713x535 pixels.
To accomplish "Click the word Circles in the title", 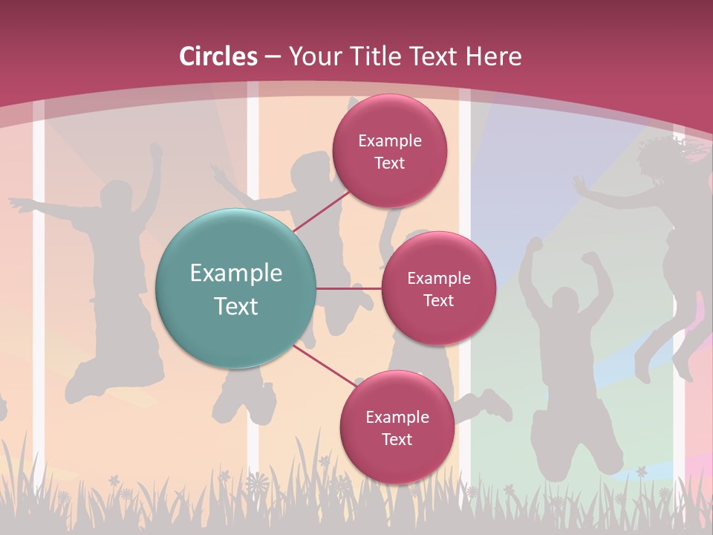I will click(x=218, y=56).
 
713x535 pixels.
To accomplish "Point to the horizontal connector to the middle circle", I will click(x=349, y=288).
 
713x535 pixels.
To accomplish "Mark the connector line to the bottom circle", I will click(x=325, y=366).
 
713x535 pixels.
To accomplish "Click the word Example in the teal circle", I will click(x=236, y=273).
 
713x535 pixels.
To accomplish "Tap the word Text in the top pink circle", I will click(x=389, y=163).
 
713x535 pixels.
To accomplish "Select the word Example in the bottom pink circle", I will click(x=397, y=417).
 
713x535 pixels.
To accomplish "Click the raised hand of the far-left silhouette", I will click(x=155, y=149).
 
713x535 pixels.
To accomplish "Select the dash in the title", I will click(x=273, y=57).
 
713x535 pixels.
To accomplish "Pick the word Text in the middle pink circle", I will click(x=438, y=300).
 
